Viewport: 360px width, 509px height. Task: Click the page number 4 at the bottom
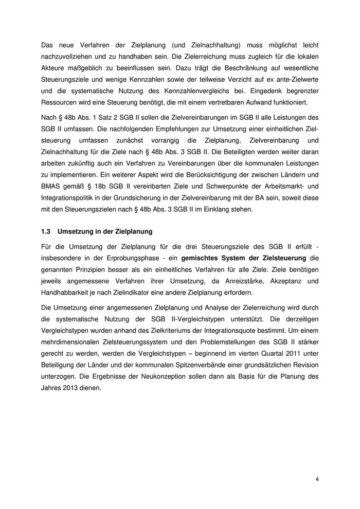point(317,479)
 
